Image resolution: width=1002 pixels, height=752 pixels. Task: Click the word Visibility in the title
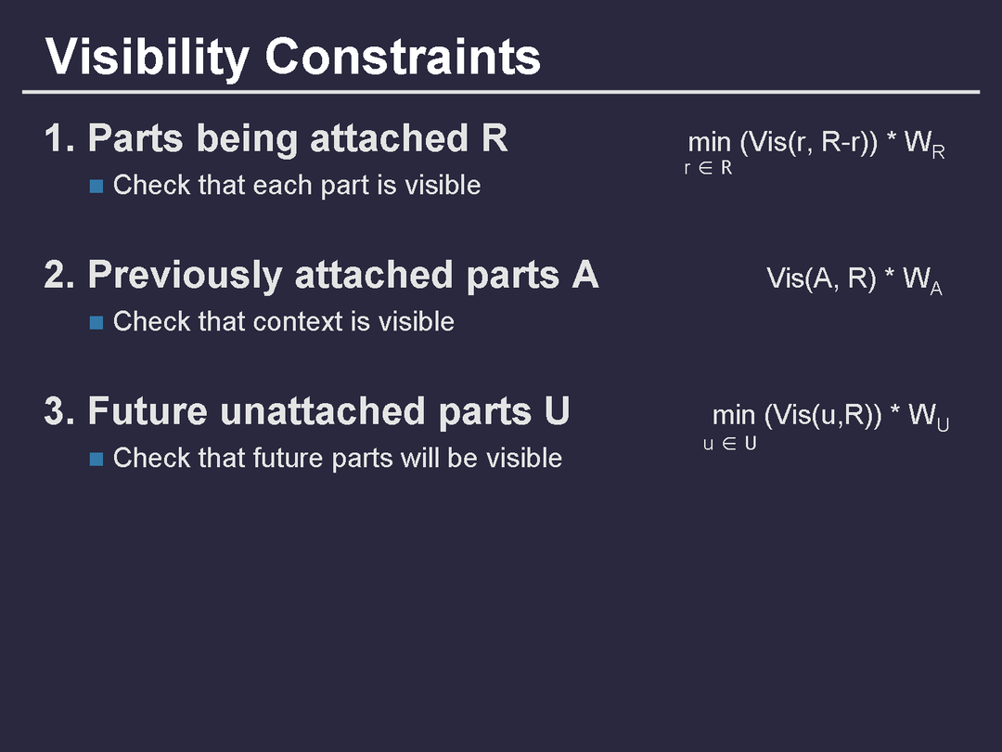point(147,58)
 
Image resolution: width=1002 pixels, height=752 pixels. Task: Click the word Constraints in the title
point(403,57)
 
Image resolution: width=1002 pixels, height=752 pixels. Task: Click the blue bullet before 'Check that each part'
point(96,186)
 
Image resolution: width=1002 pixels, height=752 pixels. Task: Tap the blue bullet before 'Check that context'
point(96,322)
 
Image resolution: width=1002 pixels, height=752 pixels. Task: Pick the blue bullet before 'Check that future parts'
point(96,460)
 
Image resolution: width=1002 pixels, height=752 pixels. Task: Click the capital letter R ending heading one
point(495,138)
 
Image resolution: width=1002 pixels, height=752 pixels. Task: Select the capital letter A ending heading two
point(585,275)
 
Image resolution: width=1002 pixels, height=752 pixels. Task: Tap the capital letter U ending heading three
point(558,411)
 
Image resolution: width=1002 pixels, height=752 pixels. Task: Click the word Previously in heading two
point(186,277)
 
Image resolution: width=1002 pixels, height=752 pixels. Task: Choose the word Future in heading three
point(148,411)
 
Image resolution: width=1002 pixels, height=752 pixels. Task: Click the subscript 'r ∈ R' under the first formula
point(708,168)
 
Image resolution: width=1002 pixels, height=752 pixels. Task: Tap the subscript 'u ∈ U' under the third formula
point(730,444)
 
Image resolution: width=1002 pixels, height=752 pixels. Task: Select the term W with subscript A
point(922,280)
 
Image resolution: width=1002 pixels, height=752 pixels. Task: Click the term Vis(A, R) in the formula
point(821,279)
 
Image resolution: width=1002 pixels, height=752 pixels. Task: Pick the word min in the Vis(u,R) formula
point(734,416)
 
